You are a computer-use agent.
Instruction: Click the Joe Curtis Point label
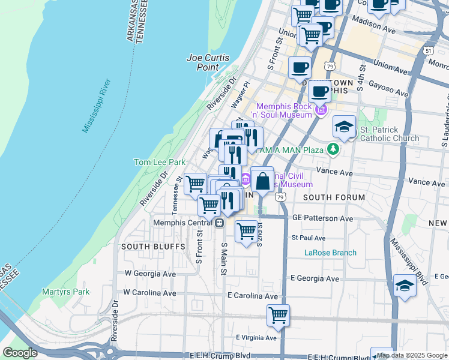click(x=203, y=62)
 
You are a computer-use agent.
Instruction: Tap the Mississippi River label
click(x=96, y=106)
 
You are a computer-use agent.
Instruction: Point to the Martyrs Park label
click(x=65, y=292)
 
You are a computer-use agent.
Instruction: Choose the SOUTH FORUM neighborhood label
click(x=334, y=197)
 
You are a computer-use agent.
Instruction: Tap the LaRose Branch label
click(x=330, y=253)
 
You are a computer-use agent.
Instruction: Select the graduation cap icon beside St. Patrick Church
click(x=344, y=127)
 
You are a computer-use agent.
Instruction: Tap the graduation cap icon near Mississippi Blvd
click(x=405, y=286)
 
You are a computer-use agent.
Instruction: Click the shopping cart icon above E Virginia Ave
click(x=278, y=315)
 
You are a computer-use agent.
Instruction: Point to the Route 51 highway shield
click(x=428, y=51)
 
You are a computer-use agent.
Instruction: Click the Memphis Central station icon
click(x=220, y=223)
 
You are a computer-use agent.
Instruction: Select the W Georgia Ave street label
click(x=150, y=273)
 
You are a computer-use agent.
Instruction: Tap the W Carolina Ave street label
click(x=150, y=293)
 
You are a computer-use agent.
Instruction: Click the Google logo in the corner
click(x=20, y=353)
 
